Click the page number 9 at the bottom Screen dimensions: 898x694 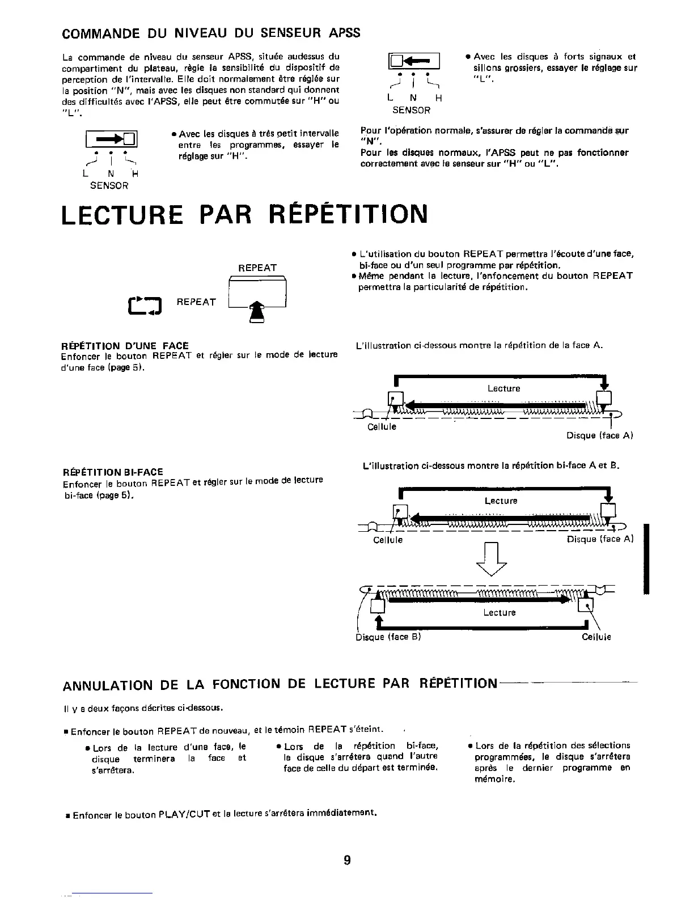point(347,861)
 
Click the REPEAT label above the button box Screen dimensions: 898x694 point(257,268)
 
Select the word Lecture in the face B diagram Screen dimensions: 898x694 point(499,612)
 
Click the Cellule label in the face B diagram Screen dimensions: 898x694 point(596,637)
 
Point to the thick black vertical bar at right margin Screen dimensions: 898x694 point(646,559)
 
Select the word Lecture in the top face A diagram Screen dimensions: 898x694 point(503,388)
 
